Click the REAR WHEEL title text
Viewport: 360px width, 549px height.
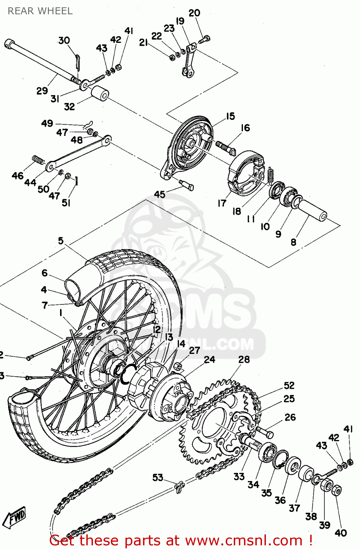[x=40, y=11]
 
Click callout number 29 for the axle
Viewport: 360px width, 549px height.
[x=42, y=90]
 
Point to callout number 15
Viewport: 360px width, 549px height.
[x=230, y=116]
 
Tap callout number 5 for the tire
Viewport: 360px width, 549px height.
[x=61, y=241]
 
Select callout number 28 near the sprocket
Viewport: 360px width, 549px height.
[x=244, y=359]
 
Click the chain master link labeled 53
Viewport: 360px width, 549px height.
[x=179, y=487]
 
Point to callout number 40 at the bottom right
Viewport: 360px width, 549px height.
[x=341, y=533]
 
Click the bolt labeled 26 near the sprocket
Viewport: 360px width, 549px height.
[x=264, y=432]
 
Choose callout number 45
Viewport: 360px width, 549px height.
[x=160, y=194]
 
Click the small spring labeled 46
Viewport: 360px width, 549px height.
[x=38, y=160]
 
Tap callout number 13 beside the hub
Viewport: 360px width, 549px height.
[x=169, y=337]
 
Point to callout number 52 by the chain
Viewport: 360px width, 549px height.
[x=289, y=385]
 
